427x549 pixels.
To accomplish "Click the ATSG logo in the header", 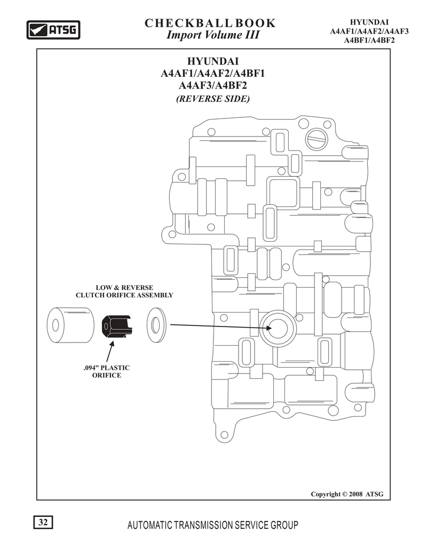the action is pyautogui.click(x=53, y=30).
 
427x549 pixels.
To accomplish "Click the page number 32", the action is pyautogui.click(x=43, y=522).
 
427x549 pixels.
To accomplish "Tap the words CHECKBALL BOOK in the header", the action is pyautogui.click(x=210, y=23).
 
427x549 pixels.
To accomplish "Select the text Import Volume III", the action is pyautogui.click(x=213, y=35).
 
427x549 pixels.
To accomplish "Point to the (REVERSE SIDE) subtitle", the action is pyautogui.click(x=213, y=99).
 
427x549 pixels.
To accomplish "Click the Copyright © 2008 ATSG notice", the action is pyautogui.click(x=347, y=494).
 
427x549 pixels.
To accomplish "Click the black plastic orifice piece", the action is pyautogui.click(x=117, y=327).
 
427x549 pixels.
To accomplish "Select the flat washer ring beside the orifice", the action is pyautogui.click(x=156, y=325).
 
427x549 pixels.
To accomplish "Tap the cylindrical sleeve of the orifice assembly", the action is pyautogui.click(x=71, y=325).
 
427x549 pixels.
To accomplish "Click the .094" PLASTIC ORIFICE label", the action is pyautogui.click(x=107, y=371).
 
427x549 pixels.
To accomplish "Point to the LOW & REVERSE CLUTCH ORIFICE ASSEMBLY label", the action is pyautogui.click(x=124, y=291).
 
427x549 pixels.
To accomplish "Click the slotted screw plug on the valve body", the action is pyautogui.click(x=317, y=139).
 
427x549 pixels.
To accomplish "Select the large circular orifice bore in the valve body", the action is pyautogui.click(x=278, y=329).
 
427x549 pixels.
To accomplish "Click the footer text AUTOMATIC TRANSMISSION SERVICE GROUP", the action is pyautogui.click(x=213, y=525).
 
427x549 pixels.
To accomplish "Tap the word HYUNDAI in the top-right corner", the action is pyautogui.click(x=369, y=23).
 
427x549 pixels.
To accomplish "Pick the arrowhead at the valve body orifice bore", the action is pyautogui.click(x=268, y=328).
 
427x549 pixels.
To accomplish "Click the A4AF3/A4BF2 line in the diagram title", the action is pyautogui.click(x=213, y=85).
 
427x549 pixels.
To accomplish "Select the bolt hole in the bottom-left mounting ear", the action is pyautogui.click(x=226, y=435).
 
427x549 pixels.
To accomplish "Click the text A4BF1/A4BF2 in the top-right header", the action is pyautogui.click(x=369, y=40).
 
